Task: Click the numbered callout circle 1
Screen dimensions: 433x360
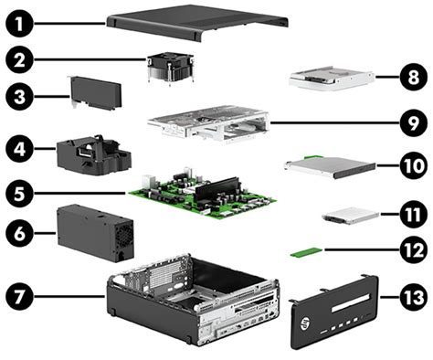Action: (x=19, y=24)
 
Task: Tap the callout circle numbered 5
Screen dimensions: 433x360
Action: (x=19, y=193)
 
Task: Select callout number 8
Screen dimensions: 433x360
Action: (x=413, y=77)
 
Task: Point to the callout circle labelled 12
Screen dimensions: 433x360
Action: (x=413, y=249)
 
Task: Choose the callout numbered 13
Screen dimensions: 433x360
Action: (x=413, y=297)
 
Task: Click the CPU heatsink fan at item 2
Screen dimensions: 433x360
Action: (x=171, y=69)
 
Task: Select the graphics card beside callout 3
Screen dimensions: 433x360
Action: (x=95, y=92)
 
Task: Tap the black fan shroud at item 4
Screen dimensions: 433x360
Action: (x=94, y=155)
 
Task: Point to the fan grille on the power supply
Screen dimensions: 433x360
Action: (x=124, y=240)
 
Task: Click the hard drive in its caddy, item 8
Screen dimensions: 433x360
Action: (x=332, y=78)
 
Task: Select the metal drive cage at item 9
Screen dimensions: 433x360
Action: (x=208, y=124)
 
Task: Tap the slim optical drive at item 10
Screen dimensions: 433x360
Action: (x=331, y=166)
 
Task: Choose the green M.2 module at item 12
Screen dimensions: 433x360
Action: (x=306, y=252)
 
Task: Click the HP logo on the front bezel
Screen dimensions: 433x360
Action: (x=305, y=323)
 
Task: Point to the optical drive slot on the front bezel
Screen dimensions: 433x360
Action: (x=350, y=303)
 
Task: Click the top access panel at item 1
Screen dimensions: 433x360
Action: (x=197, y=23)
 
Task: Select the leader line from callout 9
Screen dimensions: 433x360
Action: (x=334, y=123)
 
